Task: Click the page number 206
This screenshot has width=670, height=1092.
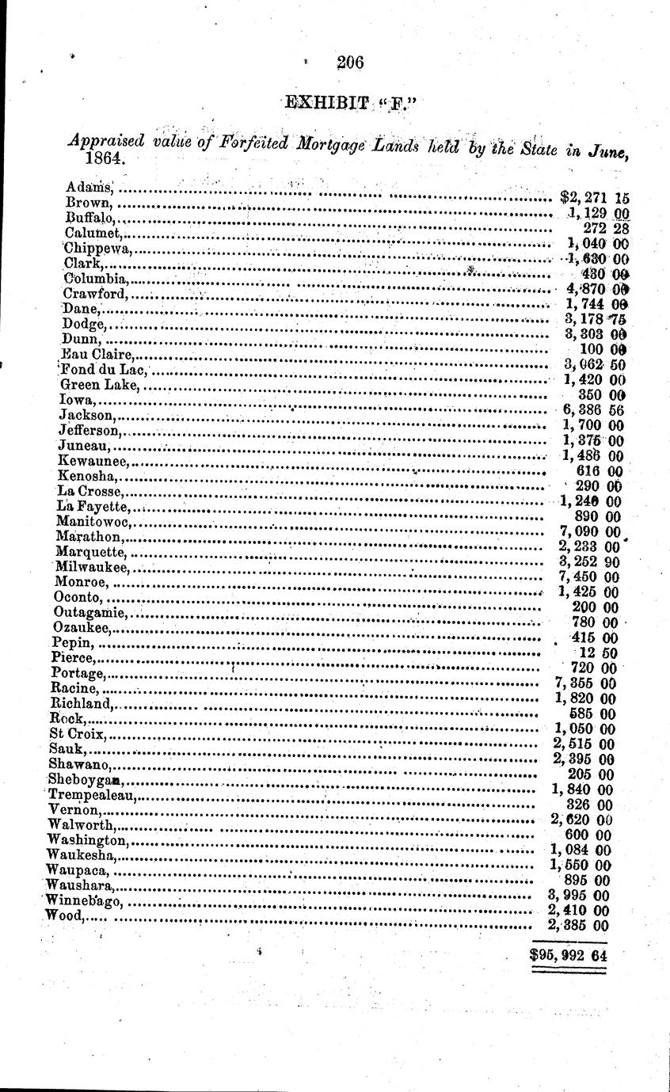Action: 349,62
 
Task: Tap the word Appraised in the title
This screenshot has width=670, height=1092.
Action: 106,141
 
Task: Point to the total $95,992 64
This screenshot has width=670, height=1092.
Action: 568,955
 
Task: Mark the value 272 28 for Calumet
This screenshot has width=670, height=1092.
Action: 606,228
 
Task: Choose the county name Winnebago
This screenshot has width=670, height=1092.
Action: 83,900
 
